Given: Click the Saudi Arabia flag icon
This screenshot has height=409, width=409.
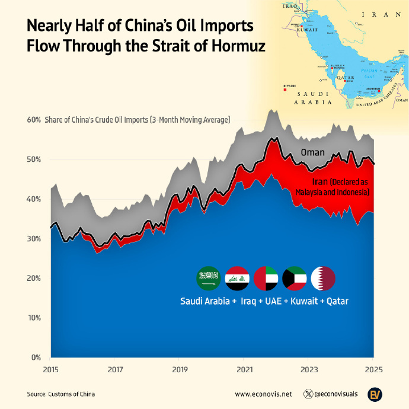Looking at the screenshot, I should point(208,277).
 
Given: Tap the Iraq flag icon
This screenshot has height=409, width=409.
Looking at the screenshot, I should point(237,277).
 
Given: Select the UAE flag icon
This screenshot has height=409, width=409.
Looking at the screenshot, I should point(266,277).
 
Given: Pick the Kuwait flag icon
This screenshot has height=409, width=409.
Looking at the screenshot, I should point(295,277).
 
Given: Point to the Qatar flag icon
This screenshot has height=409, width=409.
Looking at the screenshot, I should point(323,277).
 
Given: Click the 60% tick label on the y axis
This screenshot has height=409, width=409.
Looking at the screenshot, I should point(34,120).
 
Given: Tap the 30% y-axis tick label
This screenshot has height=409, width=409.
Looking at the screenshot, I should point(34,239).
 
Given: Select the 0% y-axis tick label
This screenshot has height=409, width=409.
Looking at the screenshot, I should point(36,357).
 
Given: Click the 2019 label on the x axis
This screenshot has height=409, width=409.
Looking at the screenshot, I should point(180,370).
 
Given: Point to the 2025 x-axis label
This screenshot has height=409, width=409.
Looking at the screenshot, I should point(373,370).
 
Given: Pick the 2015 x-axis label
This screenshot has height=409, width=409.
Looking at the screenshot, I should point(51,370).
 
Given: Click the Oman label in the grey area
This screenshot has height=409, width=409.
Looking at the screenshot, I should point(312,152).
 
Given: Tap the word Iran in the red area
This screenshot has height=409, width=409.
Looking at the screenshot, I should point(320,181).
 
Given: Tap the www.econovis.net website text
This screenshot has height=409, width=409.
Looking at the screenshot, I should point(263,394).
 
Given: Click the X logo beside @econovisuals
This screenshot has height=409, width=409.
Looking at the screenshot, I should point(308,394).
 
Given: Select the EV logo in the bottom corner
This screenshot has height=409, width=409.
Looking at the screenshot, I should point(375,394).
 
